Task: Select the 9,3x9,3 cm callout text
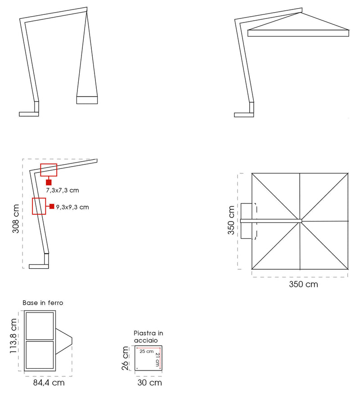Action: [x=72, y=207]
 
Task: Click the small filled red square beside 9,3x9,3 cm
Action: [x=52, y=207]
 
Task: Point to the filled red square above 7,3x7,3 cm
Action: [x=49, y=182]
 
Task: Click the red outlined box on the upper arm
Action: [x=49, y=170]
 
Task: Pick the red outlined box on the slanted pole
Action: [x=39, y=206]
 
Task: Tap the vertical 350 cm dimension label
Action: [x=231, y=221]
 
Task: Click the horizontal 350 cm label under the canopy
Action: [x=303, y=284]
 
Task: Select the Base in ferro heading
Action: [x=43, y=303]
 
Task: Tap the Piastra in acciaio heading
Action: [x=148, y=336]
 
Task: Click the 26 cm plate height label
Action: [x=126, y=358]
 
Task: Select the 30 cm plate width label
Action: [x=149, y=383]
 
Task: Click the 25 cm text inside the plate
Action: [x=146, y=351]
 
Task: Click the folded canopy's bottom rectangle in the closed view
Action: [x=87, y=100]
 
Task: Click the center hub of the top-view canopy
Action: [x=300, y=221]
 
